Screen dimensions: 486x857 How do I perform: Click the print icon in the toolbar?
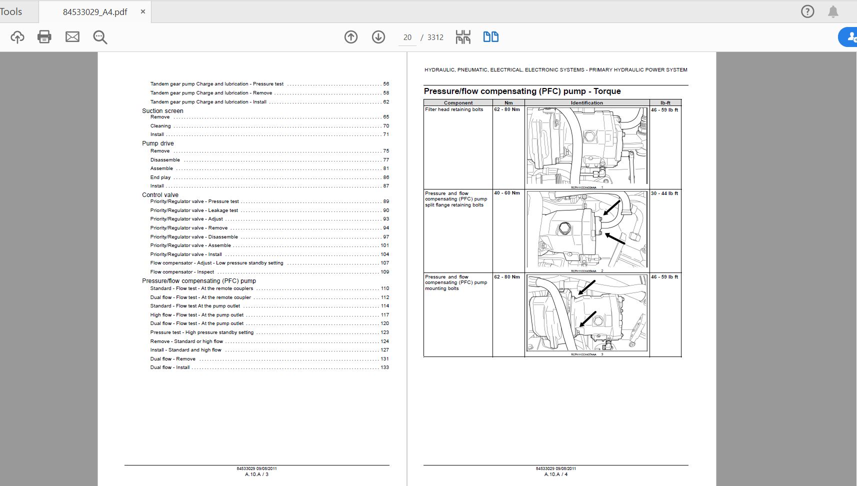click(x=44, y=36)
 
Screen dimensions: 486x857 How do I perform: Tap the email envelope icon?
click(x=72, y=36)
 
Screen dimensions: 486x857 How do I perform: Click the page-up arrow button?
click(x=351, y=37)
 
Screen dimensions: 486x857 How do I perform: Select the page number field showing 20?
click(x=407, y=37)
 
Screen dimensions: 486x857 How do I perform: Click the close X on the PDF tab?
click(x=143, y=11)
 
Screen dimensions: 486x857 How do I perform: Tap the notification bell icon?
click(x=833, y=11)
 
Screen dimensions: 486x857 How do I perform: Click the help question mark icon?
click(x=807, y=11)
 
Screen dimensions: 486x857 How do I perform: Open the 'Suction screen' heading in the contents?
click(x=162, y=111)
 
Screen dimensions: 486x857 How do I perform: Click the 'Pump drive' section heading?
click(x=158, y=143)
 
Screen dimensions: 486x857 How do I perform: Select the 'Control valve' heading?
click(x=160, y=195)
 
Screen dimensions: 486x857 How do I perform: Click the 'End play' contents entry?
click(x=160, y=177)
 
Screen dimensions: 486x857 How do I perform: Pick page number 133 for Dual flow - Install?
click(x=384, y=367)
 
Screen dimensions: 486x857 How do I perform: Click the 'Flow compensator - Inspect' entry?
click(x=182, y=272)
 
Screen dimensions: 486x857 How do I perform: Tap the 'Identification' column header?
click(x=586, y=103)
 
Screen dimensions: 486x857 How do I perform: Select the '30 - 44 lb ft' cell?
click(x=664, y=193)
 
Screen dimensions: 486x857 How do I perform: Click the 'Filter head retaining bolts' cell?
click(x=454, y=109)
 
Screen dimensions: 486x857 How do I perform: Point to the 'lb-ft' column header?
click(x=665, y=103)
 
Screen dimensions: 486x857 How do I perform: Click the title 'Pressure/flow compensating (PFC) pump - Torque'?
click(x=522, y=91)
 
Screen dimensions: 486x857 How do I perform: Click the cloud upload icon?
click(x=17, y=37)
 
